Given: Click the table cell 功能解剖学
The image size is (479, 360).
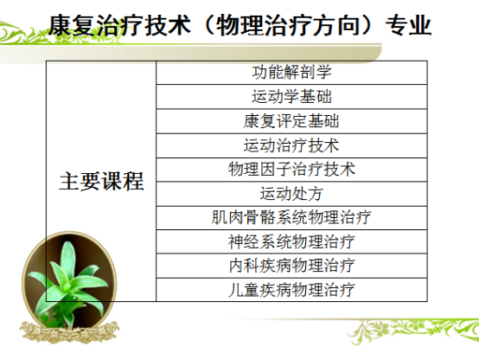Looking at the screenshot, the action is tap(291, 73).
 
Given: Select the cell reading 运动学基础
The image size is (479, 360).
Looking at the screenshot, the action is tap(291, 97).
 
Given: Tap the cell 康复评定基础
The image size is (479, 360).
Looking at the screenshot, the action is tap(291, 121).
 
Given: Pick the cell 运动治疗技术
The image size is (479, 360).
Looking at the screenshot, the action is tap(291, 145).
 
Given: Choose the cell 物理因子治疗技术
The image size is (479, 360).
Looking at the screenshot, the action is tap(291, 170).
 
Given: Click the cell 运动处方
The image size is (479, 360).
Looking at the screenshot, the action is tap(291, 194).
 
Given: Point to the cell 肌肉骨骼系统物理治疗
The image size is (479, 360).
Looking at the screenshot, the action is tap(291, 218).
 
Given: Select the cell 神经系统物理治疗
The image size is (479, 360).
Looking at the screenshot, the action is tap(291, 241).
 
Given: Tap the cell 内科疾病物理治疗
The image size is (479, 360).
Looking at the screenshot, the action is tap(291, 266).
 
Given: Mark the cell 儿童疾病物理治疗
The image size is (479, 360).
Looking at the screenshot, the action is tap(291, 290).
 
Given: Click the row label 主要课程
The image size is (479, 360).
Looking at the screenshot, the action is tap(101, 182).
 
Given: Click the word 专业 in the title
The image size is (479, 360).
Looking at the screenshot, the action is tap(408, 25).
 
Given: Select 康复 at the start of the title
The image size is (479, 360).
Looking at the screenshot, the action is tap(72, 25).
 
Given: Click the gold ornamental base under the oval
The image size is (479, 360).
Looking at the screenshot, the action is tap(70, 331).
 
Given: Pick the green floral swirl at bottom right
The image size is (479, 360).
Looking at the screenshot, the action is tap(413, 331).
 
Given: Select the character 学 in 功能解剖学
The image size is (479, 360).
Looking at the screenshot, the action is tap(324, 73).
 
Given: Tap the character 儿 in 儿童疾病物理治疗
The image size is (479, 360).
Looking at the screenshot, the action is tap(236, 290).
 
